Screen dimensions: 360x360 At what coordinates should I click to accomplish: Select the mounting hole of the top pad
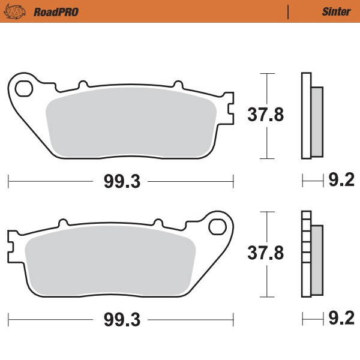(24, 89)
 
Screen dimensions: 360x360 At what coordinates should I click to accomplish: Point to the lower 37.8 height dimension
(266, 254)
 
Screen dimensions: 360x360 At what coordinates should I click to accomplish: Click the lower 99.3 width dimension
(121, 319)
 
